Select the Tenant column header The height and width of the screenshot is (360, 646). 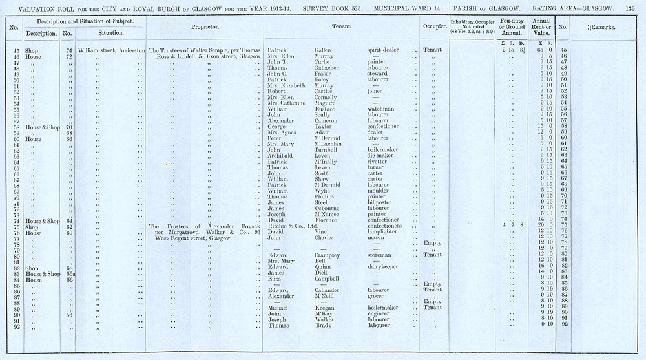[x=342, y=28]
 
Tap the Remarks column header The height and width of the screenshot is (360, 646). [x=600, y=28]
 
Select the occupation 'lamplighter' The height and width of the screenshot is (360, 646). [x=385, y=231]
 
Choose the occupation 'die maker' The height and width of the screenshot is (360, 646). [x=380, y=155]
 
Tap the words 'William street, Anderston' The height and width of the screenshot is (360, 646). [x=110, y=50]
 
